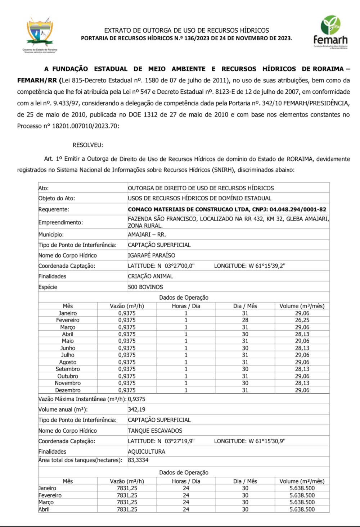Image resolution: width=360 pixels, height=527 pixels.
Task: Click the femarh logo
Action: click(x=330, y=32)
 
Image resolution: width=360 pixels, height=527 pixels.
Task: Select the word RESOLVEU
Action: click(x=88, y=145)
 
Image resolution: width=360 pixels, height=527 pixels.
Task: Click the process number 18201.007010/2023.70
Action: click(x=85, y=126)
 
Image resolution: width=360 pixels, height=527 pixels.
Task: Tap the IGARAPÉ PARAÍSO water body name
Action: click(x=152, y=255)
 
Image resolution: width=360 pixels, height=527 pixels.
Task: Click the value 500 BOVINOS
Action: click(x=145, y=287)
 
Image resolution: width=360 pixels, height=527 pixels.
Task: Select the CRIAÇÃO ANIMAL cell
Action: click(x=150, y=276)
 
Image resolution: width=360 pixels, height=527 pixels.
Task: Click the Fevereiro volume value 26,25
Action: click(x=302, y=320)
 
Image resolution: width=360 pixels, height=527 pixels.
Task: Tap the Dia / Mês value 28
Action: click(x=245, y=320)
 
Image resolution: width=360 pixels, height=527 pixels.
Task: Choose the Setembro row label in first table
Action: click(x=68, y=369)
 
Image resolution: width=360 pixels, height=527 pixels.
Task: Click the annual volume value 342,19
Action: click(x=137, y=409)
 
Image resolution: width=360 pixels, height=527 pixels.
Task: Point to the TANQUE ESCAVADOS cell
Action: click(x=155, y=431)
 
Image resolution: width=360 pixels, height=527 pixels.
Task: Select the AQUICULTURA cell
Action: click(x=147, y=451)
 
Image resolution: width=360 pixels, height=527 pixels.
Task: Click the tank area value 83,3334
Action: click(x=138, y=460)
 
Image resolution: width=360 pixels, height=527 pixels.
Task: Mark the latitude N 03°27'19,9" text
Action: click(x=161, y=441)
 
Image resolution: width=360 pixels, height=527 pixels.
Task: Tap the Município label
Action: click(x=51, y=235)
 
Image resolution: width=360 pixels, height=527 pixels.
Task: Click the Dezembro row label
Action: click(x=68, y=390)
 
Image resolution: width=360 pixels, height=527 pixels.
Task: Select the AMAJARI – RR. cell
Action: click(x=147, y=235)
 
